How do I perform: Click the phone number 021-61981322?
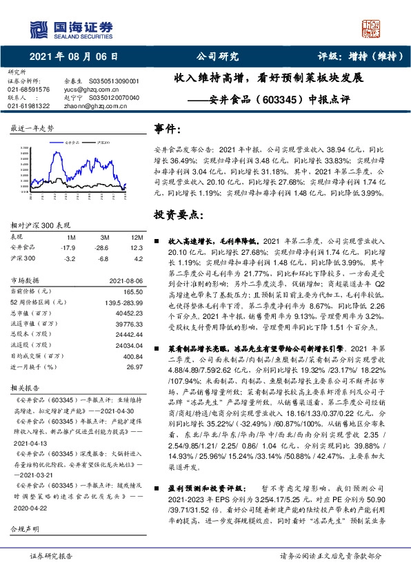coord(28,105)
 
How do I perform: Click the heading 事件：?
coord(168,128)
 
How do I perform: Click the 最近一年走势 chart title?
coord(32,129)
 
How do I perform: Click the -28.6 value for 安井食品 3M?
coord(101,247)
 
